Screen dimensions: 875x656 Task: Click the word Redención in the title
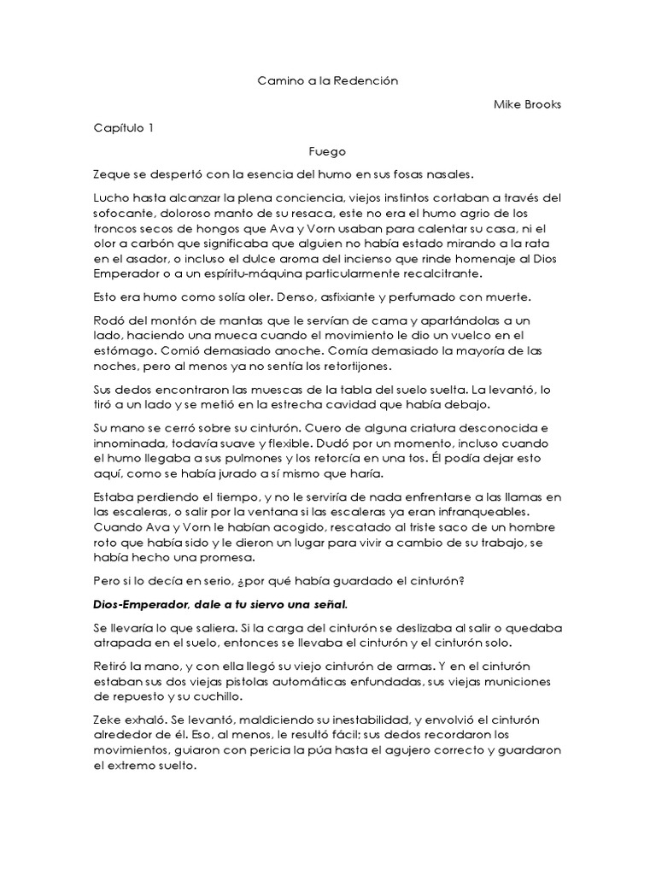pos(370,80)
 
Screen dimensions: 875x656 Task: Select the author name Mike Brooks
pos(528,104)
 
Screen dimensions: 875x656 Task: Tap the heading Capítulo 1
pos(124,128)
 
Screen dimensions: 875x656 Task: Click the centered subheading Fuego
pos(328,151)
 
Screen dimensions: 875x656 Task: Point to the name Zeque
pos(111,174)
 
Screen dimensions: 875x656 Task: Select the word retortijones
pos(343,367)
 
